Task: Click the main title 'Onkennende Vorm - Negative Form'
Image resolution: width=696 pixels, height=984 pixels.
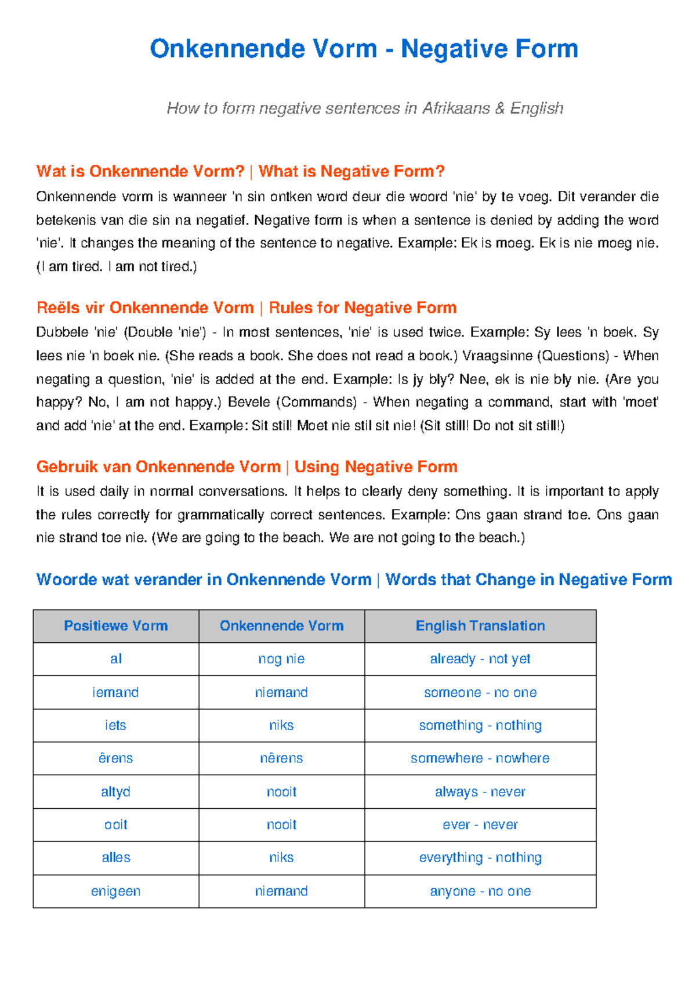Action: [x=364, y=49]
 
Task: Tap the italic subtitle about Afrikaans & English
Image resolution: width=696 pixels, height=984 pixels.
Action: [x=365, y=108]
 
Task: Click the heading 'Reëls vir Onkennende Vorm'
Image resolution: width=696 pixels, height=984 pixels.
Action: [x=145, y=307]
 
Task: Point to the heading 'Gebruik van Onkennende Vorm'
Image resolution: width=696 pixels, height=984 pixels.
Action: [x=158, y=467]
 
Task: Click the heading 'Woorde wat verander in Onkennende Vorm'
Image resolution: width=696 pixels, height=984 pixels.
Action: [x=204, y=580]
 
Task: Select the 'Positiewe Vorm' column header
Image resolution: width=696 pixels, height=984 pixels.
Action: [x=116, y=626]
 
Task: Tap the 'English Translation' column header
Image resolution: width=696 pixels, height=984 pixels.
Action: [x=480, y=626]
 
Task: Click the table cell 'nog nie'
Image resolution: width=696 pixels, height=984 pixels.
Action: [x=281, y=659]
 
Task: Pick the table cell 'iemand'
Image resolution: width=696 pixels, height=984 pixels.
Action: [x=115, y=692]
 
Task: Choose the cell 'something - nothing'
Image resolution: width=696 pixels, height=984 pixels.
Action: [x=480, y=725]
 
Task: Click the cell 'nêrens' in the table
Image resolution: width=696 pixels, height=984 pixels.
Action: [x=281, y=758]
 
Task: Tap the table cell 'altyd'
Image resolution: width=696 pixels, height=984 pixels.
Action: [x=115, y=792]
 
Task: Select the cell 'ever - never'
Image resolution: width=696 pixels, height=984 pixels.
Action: [x=480, y=825]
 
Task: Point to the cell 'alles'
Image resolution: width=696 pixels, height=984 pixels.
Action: [x=115, y=858]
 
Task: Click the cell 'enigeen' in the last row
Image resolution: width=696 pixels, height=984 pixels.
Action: [x=115, y=891]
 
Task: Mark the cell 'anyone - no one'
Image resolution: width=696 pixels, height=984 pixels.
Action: [x=480, y=891]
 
